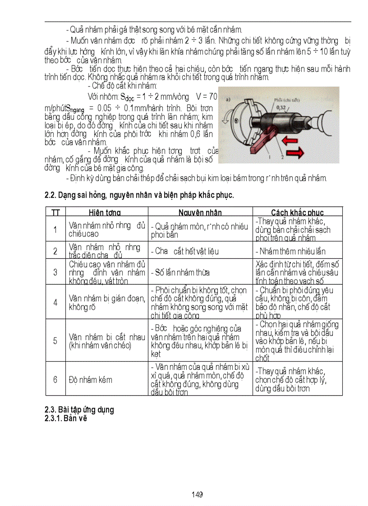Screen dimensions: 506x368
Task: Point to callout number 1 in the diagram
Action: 270,157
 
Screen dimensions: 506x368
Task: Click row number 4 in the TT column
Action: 55,302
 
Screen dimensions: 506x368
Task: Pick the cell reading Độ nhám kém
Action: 90,379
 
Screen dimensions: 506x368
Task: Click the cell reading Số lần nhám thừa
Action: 180,272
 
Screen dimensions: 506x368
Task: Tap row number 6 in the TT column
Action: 55,379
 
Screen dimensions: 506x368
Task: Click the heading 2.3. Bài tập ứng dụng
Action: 79,410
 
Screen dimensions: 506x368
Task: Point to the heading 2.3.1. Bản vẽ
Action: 65,418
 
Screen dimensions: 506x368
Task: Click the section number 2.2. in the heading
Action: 51,196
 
